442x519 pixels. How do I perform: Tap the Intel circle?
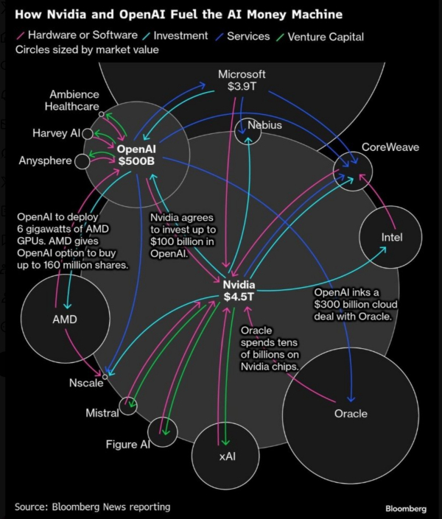[x=391, y=237]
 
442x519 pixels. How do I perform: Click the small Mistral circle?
[x=128, y=406]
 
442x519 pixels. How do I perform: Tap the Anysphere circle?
[x=82, y=160]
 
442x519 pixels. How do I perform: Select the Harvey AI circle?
[x=87, y=134]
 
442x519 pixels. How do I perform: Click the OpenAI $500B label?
[x=136, y=155]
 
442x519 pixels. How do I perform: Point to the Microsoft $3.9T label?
[x=242, y=80]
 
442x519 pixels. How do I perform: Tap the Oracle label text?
[x=351, y=414]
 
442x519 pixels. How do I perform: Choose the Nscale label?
[x=86, y=384]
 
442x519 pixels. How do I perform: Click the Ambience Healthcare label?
[x=74, y=100]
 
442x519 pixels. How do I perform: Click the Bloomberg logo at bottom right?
[x=405, y=509]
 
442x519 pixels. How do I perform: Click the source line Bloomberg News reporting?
[x=92, y=506]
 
